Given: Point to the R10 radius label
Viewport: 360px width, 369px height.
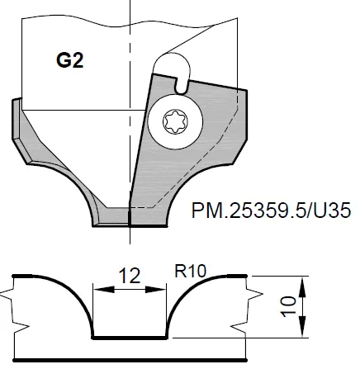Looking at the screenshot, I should [x=192, y=269].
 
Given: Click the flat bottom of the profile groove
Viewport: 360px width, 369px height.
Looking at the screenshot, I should [x=128, y=337].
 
